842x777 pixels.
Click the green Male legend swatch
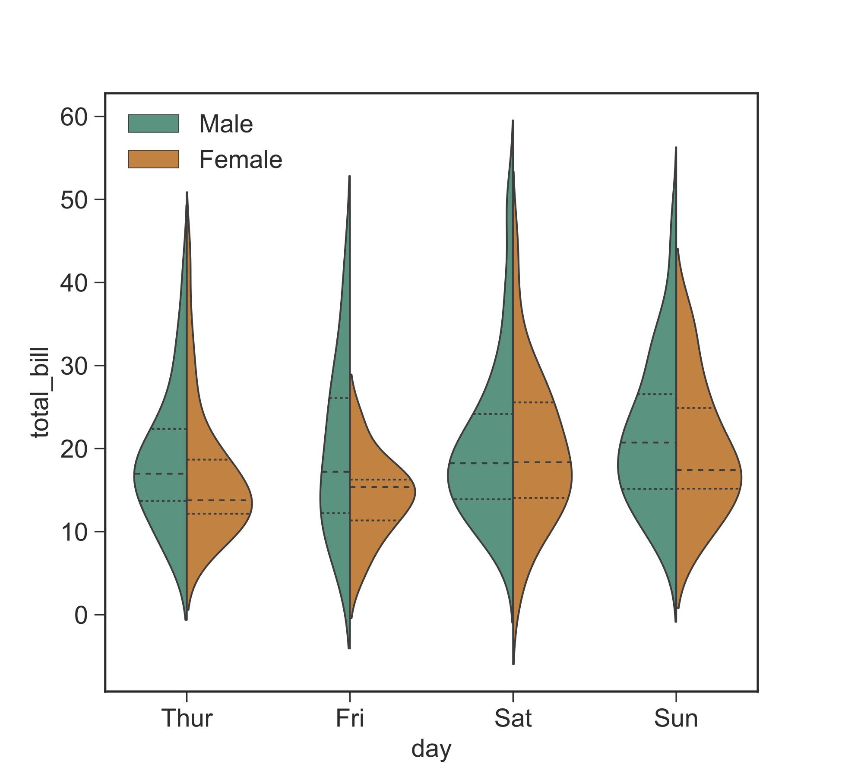tap(153, 123)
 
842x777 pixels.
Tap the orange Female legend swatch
tap(153, 159)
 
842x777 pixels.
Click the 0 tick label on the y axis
tap(81, 615)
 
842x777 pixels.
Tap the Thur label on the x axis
tap(187, 719)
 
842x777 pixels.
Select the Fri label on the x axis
tap(350, 719)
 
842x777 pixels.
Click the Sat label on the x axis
tap(513, 719)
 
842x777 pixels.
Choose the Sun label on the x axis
tap(676, 719)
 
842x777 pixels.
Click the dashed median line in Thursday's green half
tap(160, 474)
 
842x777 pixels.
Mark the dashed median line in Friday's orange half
tap(380, 487)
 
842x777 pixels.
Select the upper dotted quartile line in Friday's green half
tap(339, 398)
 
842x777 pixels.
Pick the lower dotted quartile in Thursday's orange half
tap(218, 514)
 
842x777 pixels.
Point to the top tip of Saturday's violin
tap(513, 121)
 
